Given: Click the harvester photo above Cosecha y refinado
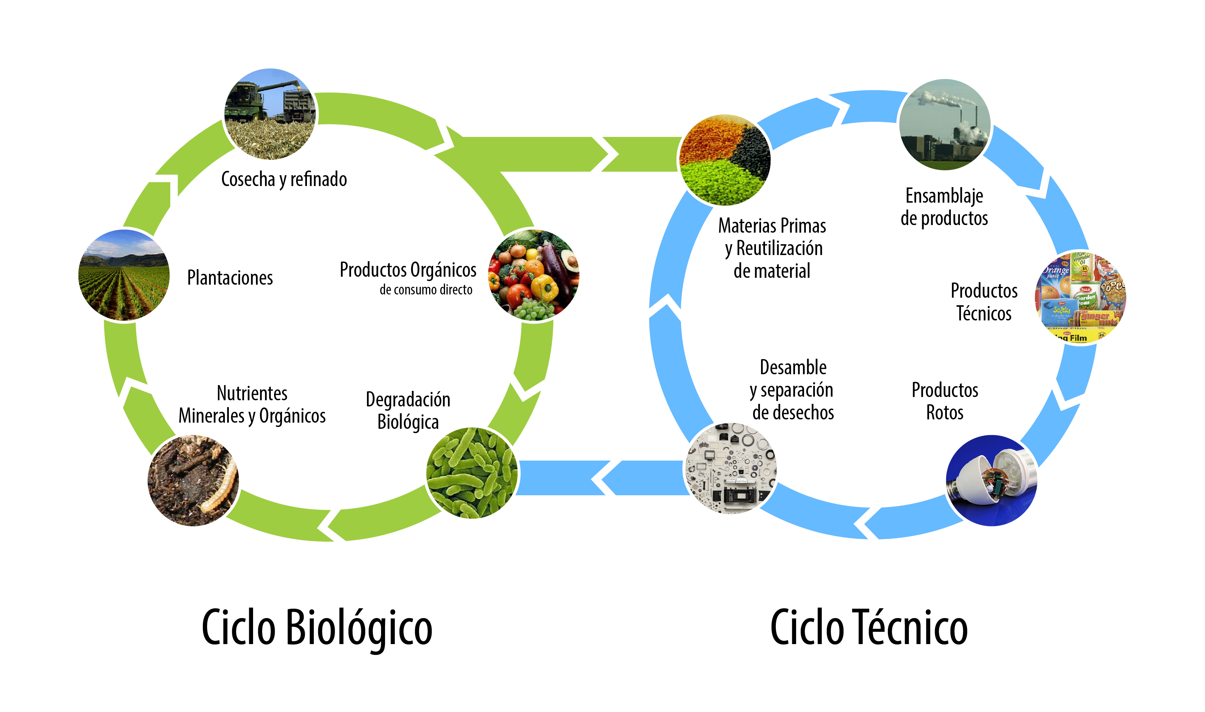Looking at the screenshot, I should pos(270,114).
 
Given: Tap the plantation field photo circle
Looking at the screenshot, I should pos(124,275).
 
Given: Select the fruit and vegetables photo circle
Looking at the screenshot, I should pos(534,275).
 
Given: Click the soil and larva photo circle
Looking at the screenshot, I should pos(193,480).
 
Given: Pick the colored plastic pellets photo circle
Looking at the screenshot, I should pos(725,160).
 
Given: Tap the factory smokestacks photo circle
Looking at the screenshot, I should pos(944,125).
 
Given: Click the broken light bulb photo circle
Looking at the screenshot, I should pos(991,480).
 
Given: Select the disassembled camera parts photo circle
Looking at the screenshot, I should pos(731,468).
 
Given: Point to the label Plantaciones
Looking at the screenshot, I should pos(230,278).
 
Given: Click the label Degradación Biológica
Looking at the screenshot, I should pos(408,411).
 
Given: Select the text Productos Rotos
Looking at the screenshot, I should pos(945,401).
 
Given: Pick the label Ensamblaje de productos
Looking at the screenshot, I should pos(944,207).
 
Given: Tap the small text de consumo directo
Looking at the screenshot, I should pos(426,290).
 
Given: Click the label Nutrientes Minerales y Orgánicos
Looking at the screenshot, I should pos(252,405).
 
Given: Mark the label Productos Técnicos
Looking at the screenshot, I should pos(984,302).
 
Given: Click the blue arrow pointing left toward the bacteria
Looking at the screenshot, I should pos(600,478).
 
